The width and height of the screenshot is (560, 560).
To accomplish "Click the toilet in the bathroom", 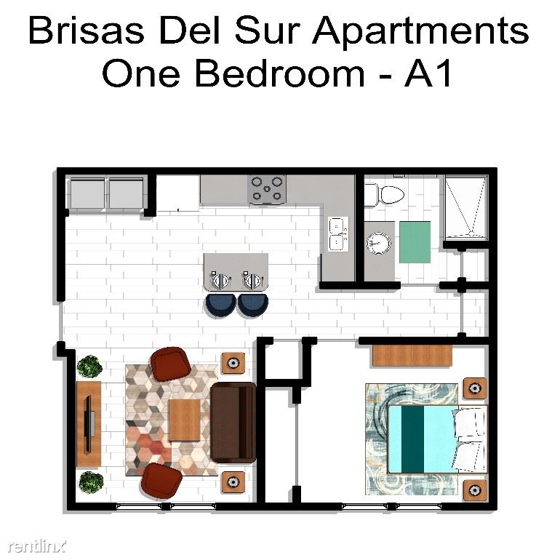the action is [x=384, y=195].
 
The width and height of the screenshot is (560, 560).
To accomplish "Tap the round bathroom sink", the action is [x=379, y=243].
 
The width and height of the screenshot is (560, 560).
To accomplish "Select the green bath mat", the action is [x=415, y=242].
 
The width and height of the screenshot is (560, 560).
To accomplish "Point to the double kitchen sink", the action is [x=338, y=234].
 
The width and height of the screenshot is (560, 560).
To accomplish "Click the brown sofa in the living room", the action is [x=233, y=423].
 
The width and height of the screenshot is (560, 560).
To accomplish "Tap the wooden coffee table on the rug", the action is [x=184, y=420].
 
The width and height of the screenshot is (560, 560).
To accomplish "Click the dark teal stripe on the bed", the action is [x=412, y=439].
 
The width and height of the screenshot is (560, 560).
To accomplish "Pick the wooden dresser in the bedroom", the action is [x=412, y=356].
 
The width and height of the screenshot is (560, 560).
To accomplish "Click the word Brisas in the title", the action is [x=87, y=31].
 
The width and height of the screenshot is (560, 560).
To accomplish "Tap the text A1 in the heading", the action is [x=428, y=74].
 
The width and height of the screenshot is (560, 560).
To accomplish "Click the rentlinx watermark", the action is [x=37, y=546].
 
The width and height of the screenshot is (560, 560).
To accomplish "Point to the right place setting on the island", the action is [x=253, y=280].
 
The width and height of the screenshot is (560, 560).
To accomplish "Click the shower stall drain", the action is [x=471, y=233].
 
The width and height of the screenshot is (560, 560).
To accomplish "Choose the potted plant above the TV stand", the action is [x=89, y=367].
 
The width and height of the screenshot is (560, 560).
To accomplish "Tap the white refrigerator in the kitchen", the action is [x=178, y=193].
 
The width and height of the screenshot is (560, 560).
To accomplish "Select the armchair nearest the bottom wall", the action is [x=161, y=481].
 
